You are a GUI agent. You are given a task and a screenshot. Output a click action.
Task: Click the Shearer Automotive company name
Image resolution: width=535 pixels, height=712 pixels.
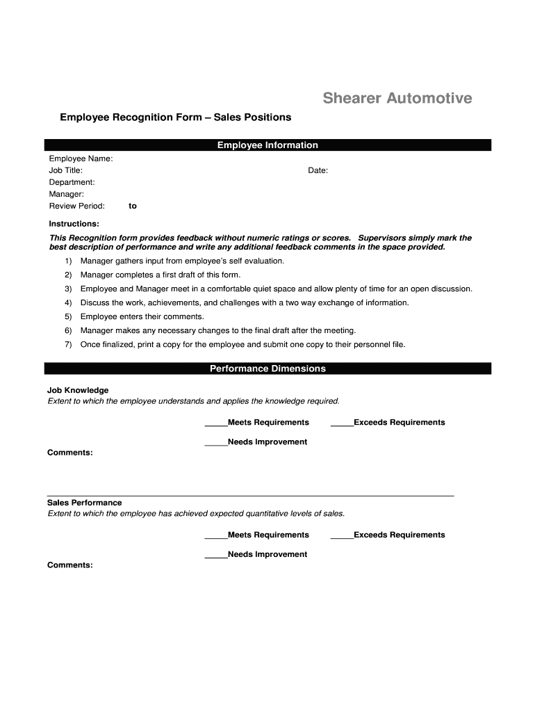[x=397, y=99]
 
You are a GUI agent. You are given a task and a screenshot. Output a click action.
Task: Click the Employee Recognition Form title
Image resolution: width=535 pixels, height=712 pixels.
[x=175, y=118]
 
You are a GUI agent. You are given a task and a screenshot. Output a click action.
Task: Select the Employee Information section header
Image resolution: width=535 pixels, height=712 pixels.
[x=267, y=145]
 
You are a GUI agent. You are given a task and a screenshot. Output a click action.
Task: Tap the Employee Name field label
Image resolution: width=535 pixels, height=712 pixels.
[x=81, y=159]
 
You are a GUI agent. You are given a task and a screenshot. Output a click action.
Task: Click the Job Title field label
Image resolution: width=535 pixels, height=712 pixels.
[x=65, y=170]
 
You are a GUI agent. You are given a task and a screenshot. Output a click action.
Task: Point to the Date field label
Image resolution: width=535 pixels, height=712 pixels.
[x=318, y=170]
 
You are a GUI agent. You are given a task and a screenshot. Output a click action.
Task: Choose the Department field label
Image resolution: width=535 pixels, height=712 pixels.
[x=72, y=182]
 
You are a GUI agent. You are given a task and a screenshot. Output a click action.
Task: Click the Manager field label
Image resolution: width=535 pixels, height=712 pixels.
[x=66, y=194]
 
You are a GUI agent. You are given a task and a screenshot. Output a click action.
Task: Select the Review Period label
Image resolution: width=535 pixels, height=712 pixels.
[x=76, y=206]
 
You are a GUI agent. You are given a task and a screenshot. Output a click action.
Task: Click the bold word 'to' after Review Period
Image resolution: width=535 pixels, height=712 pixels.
[x=133, y=206]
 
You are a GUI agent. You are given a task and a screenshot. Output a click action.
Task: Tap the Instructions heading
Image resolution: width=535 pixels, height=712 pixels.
[x=74, y=224]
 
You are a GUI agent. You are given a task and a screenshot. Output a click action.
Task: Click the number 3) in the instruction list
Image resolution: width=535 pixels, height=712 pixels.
[x=68, y=289]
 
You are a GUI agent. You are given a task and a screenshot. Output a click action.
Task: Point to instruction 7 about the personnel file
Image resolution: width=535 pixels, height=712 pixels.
[x=242, y=344]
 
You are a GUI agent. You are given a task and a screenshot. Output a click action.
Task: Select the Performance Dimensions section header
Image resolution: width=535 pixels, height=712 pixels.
[x=267, y=369]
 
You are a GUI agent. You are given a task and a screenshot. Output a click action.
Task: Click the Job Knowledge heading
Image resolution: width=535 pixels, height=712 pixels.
[x=78, y=390]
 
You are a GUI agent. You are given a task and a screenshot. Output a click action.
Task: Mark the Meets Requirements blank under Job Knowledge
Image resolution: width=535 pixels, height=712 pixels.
[x=216, y=423]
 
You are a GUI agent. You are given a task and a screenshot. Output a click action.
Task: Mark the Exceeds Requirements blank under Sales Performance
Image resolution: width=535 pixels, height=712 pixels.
[x=342, y=535]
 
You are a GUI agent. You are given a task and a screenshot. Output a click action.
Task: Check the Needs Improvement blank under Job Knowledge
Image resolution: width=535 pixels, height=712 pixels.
[x=216, y=442]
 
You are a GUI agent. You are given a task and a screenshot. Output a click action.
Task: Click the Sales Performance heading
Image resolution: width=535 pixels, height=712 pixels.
[x=84, y=503]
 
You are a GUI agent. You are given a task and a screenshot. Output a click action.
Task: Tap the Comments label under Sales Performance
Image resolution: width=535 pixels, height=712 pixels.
[x=69, y=565]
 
